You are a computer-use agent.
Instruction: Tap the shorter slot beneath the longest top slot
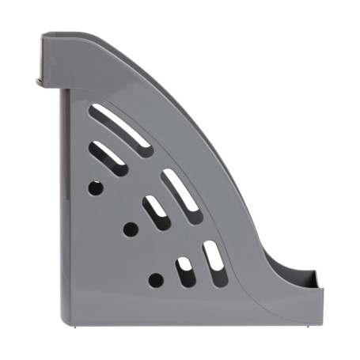pyautogui.click(x=108, y=157)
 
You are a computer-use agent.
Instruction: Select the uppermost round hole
pyautogui.click(x=95, y=188)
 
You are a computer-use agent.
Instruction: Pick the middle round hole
pyautogui.click(x=131, y=229)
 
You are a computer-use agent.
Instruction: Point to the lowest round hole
pyautogui.click(x=156, y=279)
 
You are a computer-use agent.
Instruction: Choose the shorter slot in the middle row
pyautogui.click(x=157, y=213)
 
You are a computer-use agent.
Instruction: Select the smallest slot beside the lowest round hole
pyautogui.click(x=187, y=271)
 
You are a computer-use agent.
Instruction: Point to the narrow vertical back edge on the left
pyautogui.click(x=63, y=198)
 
